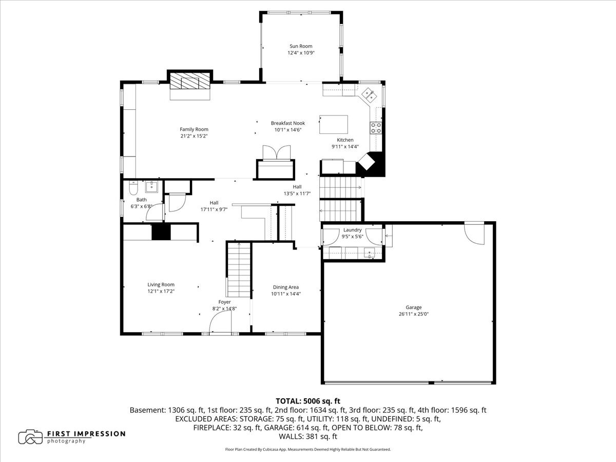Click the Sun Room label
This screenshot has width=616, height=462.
[x=301, y=46]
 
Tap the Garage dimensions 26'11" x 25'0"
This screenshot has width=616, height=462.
[x=413, y=314]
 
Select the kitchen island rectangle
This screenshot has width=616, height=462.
[x=333, y=124]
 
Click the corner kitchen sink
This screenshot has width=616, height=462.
[x=369, y=94]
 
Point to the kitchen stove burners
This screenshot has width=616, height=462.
[x=376, y=128]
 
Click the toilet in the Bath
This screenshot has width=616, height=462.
[x=133, y=188]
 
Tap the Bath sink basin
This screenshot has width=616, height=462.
[x=151, y=187]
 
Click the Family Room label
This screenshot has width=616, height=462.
[x=194, y=129]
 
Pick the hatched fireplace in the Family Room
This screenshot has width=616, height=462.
[x=190, y=81]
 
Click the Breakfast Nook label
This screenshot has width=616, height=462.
[x=287, y=123]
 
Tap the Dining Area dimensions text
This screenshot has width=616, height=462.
[x=286, y=294]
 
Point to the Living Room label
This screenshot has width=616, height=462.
[x=161, y=285]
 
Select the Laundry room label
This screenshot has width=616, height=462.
[x=353, y=230]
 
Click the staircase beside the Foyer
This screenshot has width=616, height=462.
[x=239, y=270]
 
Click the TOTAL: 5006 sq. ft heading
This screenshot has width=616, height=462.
[x=308, y=401]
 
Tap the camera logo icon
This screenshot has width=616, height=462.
[x=30, y=437]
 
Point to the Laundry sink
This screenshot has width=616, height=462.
[x=369, y=253]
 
